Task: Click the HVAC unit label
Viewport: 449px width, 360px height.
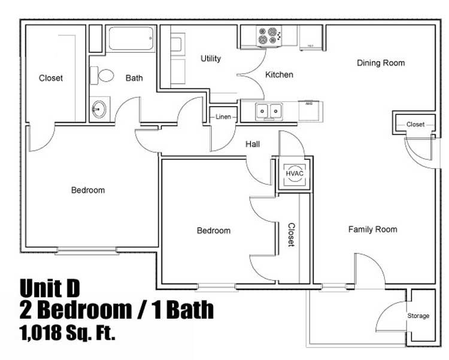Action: pos(294,173)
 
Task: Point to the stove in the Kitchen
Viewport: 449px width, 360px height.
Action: pos(266,36)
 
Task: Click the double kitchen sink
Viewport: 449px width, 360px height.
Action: pos(269,111)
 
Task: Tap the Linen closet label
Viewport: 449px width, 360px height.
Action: pos(223,117)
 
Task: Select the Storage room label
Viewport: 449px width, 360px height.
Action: pos(418,316)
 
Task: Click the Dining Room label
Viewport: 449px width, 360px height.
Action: pos(381,63)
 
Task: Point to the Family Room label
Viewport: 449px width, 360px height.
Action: pos(373,229)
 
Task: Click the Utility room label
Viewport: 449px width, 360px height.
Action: pos(211,59)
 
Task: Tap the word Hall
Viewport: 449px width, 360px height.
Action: pos(253,144)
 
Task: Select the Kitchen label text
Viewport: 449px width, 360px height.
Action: pos(280,75)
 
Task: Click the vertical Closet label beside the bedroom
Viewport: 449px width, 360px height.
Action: pos(291,235)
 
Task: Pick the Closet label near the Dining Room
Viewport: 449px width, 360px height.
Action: pos(415,125)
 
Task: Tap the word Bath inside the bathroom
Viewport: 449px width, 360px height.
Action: pos(134,78)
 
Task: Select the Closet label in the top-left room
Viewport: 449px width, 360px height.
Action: pos(51,78)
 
